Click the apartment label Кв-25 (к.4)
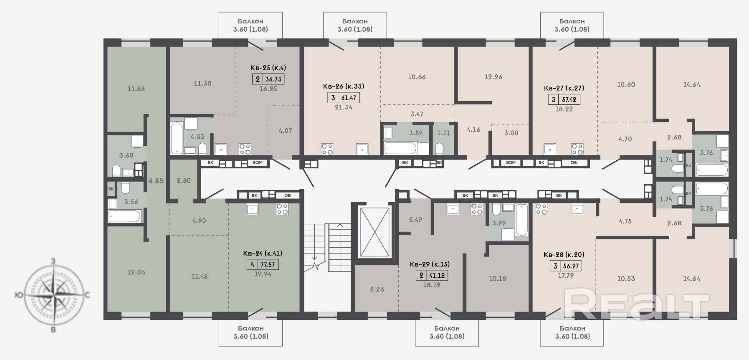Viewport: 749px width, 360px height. (268, 68)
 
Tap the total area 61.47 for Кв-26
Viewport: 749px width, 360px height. (349, 98)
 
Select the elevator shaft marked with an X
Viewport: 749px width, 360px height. (374, 232)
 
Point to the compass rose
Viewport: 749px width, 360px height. (54, 295)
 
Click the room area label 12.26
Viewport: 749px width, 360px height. (493, 77)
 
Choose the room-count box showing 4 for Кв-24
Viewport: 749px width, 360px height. (252, 264)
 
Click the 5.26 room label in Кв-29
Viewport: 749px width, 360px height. (377, 289)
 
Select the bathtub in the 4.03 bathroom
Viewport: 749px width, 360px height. (177, 137)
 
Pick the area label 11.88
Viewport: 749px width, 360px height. (136, 89)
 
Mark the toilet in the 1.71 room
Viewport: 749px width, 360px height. (439, 149)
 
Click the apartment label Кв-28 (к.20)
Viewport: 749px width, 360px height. (564, 254)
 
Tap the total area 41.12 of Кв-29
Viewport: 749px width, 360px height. (437, 275)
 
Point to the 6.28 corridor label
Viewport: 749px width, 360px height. (156, 180)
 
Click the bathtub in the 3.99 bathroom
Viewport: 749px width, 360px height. (521, 220)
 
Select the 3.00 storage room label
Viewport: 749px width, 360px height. (511, 133)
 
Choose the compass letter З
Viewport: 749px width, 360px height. (53, 261)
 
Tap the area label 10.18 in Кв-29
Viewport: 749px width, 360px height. (497, 279)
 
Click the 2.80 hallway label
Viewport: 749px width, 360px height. (183, 180)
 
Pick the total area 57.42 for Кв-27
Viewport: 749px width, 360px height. (569, 99)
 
